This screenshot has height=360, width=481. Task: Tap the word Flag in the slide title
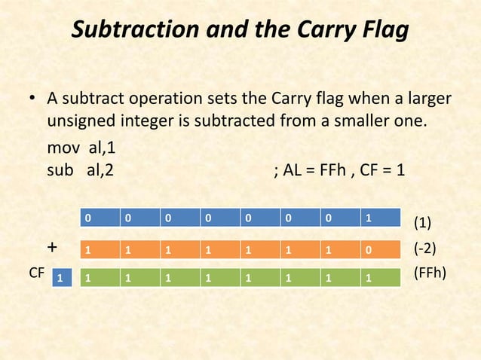(x=381, y=31)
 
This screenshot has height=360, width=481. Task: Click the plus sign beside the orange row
(x=51, y=248)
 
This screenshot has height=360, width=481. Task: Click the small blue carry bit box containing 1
(x=62, y=279)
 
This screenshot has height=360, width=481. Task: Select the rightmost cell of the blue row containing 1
(x=379, y=218)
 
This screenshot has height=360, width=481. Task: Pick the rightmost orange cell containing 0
(x=379, y=249)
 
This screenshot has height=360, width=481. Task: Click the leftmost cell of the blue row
(x=99, y=218)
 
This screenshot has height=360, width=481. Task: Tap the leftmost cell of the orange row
(x=99, y=249)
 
